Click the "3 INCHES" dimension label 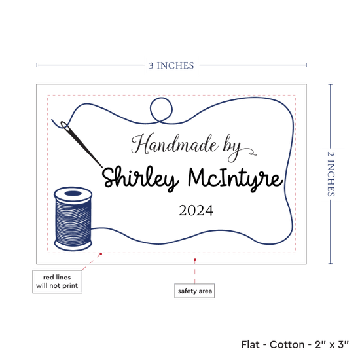(171, 65)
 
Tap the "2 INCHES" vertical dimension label (331, 174)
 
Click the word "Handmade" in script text (174, 144)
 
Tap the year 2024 (196, 211)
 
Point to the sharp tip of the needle (103, 167)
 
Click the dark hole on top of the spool (73, 194)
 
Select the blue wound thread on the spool (73, 221)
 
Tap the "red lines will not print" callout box (57, 281)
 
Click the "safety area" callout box (194, 291)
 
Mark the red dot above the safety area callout (195, 259)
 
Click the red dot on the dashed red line (101, 254)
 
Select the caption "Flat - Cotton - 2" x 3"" (295, 344)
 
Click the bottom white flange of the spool (73, 247)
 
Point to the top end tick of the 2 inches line (331, 84)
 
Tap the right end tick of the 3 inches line (306, 65)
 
